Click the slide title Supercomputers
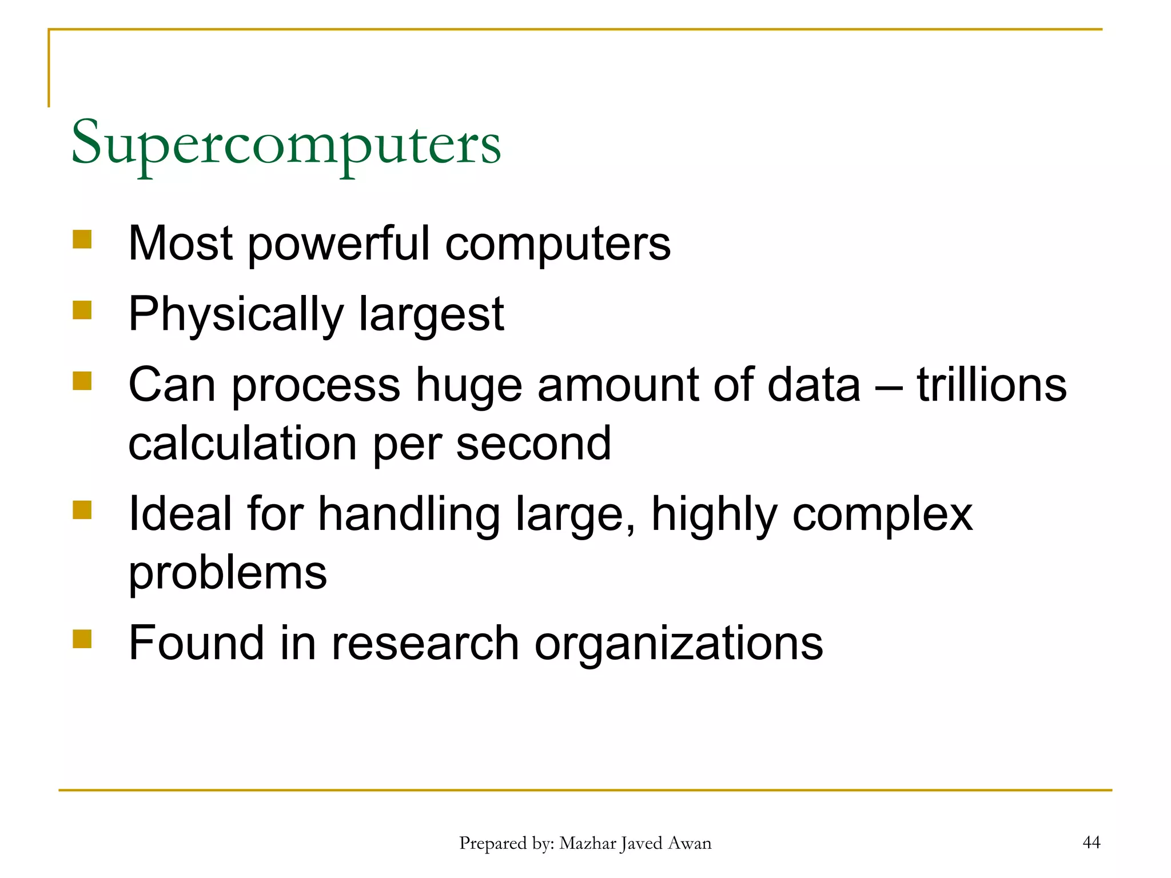tap(286, 143)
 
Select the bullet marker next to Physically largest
tap(82, 310)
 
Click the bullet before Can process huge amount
tap(82, 381)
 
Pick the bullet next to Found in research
tap(82, 638)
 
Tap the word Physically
tap(236, 314)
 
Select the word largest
tap(432, 314)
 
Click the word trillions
tap(992, 385)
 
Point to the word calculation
tap(243, 444)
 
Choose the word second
tap(533, 444)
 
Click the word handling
tap(409, 514)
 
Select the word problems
tap(228, 573)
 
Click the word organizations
tap(679, 643)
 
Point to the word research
tap(425, 643)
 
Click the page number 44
tap(1092, 842)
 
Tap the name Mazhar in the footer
tap(587, 843)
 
